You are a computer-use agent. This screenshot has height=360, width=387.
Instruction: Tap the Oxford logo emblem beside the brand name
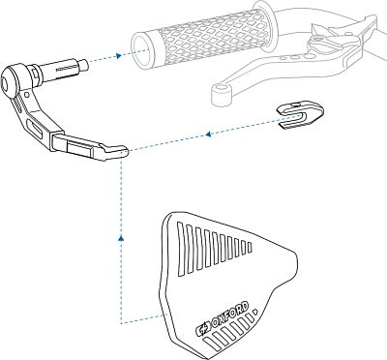pyautogui.click(x=203, y=329)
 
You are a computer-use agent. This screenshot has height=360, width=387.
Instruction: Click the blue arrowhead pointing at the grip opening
pyautogui.click(x=119, y=55)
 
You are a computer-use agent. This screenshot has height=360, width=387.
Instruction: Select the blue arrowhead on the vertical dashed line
pyautogui.click(x=121, y=238)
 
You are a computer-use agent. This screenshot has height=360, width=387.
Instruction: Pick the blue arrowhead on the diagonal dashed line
pyautogui.click(x=208, y=134)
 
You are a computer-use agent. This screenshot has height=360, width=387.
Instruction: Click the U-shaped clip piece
pyautogui.click(x=301, y=115)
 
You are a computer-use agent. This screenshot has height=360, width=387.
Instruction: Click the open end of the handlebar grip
pyautogui.click(x=141, y=50)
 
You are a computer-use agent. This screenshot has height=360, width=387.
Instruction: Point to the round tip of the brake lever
pyautogui.click(x=222, y=94)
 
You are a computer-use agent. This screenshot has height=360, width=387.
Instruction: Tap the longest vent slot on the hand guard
pyautogui.click(x=181, y=249)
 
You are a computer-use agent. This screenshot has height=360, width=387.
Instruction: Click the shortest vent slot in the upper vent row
pyautogui.click(x=250, y=247)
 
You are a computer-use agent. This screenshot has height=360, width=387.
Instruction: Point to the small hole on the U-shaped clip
pyautogui.click(x=295, y=105)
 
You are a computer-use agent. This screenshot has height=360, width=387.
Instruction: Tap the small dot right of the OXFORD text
pyautogui.click(x=254, y=312)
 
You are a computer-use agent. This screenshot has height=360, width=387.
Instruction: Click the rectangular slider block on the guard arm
pyautogui.click(x=80, y=148)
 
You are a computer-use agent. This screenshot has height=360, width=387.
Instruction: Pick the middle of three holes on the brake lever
pyautogui.click(x=295, y=58)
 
